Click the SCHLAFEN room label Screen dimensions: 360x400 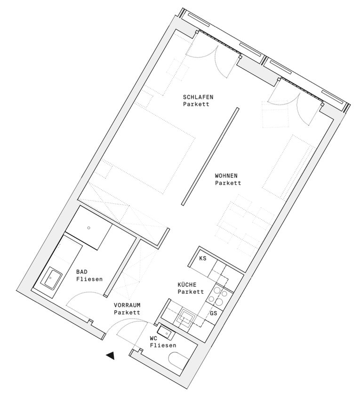pyautogui.click(x=198, y=97)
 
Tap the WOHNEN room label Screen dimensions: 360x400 pyautogui.click(x=226, y=176)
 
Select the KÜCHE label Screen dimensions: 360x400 pyautogui.click(x=187, y=284)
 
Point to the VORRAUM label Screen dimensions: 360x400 pyautogui.click(x=127, y=305)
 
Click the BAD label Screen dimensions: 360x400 pyautogui.click(x=81, y=272)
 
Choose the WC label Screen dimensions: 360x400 pyautogui.click(x=153, y=338)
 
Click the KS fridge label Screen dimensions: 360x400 pyautogui.click(x=202, y=258)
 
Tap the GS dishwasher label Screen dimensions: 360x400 pyautogui.click(x=213, y=313)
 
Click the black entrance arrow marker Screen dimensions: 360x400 pyautogui.click(x=110, y=356)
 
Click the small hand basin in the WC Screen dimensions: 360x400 pyautogui.click(x=166, y=333)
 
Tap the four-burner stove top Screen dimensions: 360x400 pyautogui.click(x=218, y=296)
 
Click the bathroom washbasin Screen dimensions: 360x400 pyautogui.click(x=52, y=278)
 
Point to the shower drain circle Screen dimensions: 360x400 pyautogui.click(x=88, y=228)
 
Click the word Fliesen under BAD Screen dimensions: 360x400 pyautogui.click(x=89, y=280)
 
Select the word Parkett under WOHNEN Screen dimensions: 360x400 pyautogui.click(x=228, y=183)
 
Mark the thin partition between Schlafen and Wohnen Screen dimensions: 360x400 pyautogui.click(x=210, y=156)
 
